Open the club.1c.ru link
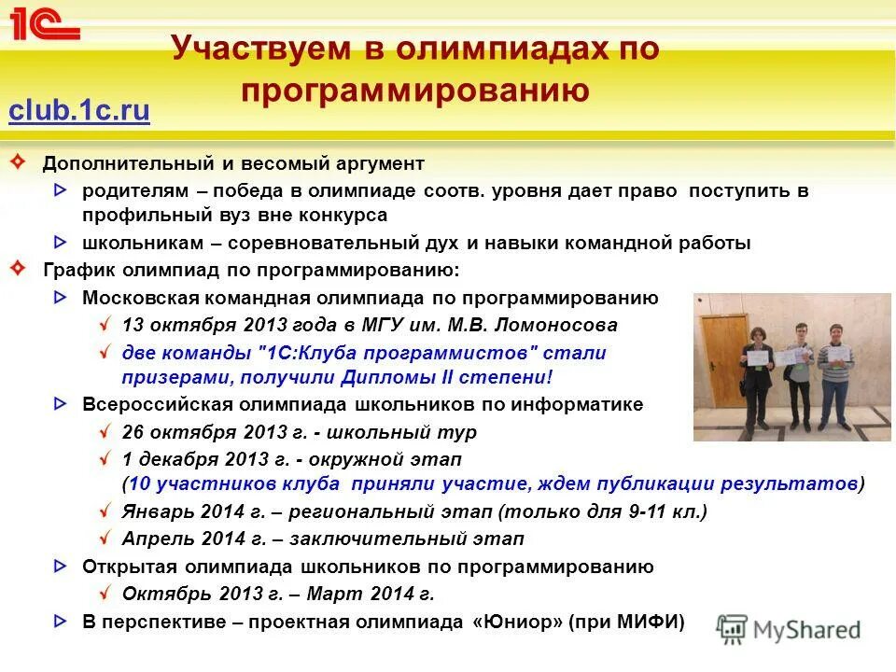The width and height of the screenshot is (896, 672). click(x=79, y=111)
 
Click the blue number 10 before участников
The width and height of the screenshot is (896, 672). click(x=139, y=483)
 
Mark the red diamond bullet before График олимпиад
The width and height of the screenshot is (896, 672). click(x=18, y=269)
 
